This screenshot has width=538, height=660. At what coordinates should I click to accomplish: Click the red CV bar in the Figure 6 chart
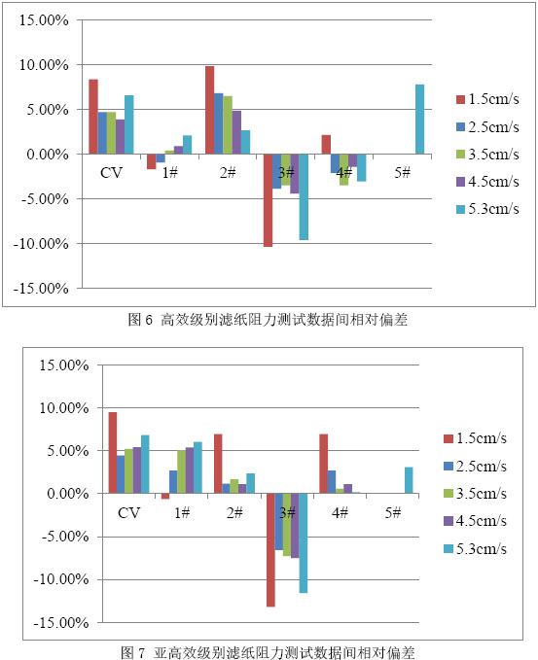pyautogui.click(x=93, y=117)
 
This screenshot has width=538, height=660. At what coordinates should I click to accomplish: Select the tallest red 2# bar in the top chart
pyautogui.click(x=209, y=110)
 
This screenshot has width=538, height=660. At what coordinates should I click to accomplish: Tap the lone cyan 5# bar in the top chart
pyautogui.click(x=419, y=120)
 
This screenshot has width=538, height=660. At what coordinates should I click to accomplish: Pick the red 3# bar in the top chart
pyautogui.click(x=268, y=200)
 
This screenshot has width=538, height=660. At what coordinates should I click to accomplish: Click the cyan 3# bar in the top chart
pyautogui.click(x=304, y=197)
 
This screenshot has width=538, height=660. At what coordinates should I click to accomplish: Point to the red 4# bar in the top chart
pyautogui.click(x=326, y=145)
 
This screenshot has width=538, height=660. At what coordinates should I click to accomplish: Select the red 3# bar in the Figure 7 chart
pyautogui.click(x=270, y=550)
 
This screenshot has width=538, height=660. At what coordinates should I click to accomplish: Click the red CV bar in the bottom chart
pyautogui.click(x=113, y=453)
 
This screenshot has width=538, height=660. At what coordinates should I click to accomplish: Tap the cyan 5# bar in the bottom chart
pyautogui.click(x=409, y=480)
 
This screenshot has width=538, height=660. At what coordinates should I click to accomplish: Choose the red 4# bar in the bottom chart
pyautogui.click(x=324, y=464)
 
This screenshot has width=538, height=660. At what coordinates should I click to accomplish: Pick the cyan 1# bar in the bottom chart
pyautogui.click(x=197, y=468)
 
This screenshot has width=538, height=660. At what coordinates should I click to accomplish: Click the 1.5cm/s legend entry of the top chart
pyautogui.click(x=487, y=99)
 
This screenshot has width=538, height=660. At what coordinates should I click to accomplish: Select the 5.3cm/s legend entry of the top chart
pyautogui.click(x=487, y=209)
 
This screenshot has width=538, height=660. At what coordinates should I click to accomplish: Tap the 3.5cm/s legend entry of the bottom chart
pyautogui.click(x=475, y=494)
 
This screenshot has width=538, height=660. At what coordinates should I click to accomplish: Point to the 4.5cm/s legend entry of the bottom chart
pyautogui.click(x=475, y=521)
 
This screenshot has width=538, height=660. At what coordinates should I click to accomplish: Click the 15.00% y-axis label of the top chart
pyautogui.click(x=44, y=20)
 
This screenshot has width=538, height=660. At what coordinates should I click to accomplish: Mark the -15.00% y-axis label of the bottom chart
pyautogui.click(x=61, y=622)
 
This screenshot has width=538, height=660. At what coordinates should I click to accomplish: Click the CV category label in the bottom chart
pyautogui.click(x=128, y=512)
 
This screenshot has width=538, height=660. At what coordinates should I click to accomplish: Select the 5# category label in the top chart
pyautogui.click(x=403, y=172)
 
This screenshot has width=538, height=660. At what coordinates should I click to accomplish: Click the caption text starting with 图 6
pyautogui.click(x=268, y=320)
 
